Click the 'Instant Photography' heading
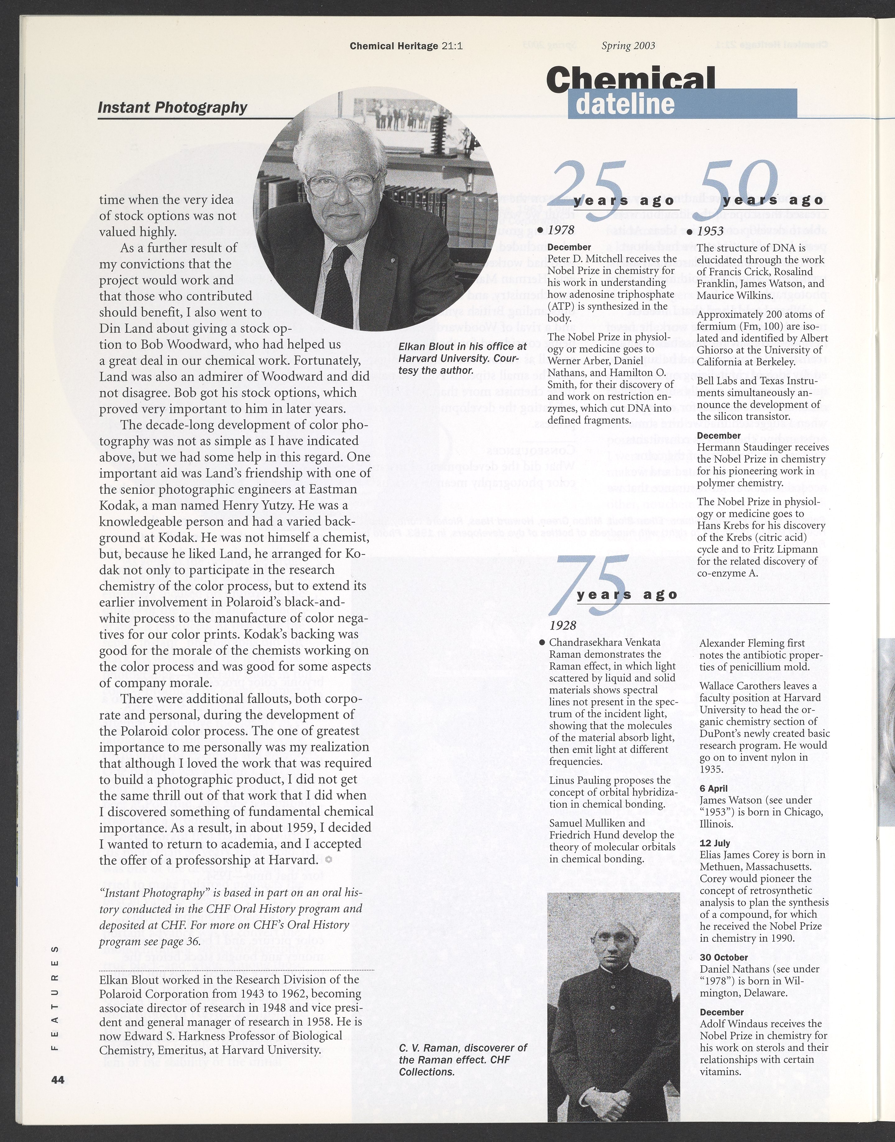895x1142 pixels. [x=172, y=108]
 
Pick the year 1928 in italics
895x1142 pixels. [x=563, y=625]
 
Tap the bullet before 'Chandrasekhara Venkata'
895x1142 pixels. [x=542, y=642]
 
